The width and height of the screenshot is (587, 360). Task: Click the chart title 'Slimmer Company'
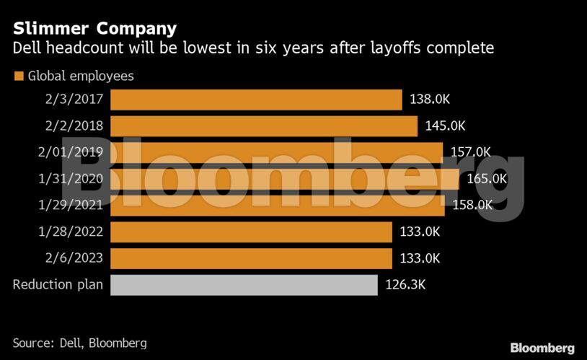(x=94, y=29)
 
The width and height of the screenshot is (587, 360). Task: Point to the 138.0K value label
(x=429, y=100)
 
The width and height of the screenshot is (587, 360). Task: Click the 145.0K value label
(x=445, y=126)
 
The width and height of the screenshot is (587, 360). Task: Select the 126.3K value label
(x=405, y=284)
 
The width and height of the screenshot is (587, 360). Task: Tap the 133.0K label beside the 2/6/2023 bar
(x=419, y=258)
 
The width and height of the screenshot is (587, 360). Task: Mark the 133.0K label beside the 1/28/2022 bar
(x=419, y=232)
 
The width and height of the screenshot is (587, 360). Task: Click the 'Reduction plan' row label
(x=58, y=284)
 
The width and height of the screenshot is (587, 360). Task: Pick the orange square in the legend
(x=19, y=76)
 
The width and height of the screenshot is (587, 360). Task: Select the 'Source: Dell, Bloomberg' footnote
(x=79, y=343)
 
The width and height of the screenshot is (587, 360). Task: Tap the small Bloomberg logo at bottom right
(x=542, y=348)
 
